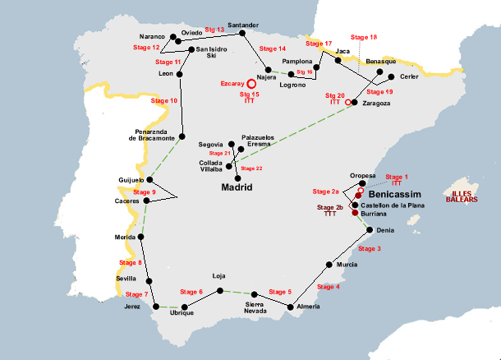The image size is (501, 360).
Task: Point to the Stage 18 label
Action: (x=363, y=38)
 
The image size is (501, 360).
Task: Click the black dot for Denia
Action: (x=370, y=230)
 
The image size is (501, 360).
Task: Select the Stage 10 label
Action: (x=165, y=100)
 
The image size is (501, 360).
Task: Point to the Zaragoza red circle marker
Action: (x=348, y=102)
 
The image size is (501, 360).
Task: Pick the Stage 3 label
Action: (x=369, y=248)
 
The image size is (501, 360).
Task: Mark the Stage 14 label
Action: (x=272, y=48)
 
